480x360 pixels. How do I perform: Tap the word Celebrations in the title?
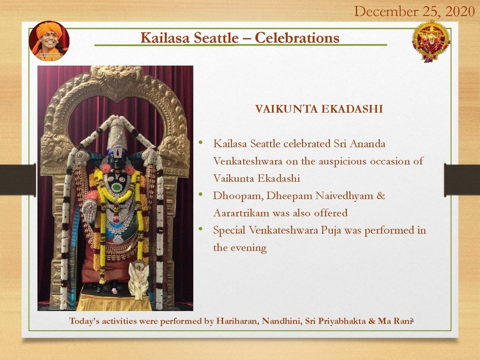pyautogui.click(x=297, y=38)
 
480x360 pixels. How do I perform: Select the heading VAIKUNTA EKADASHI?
pyautogui.click(x=319, y=110)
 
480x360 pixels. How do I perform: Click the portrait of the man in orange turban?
pyautogui.click(x=49, y=40)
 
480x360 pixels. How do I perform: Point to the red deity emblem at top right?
pyautogui.click(x=431, y=41)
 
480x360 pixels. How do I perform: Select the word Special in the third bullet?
pyautogui.click(x=232, y=230)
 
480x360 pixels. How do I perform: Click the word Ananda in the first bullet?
pyautogui.click(x=366, y=144)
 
